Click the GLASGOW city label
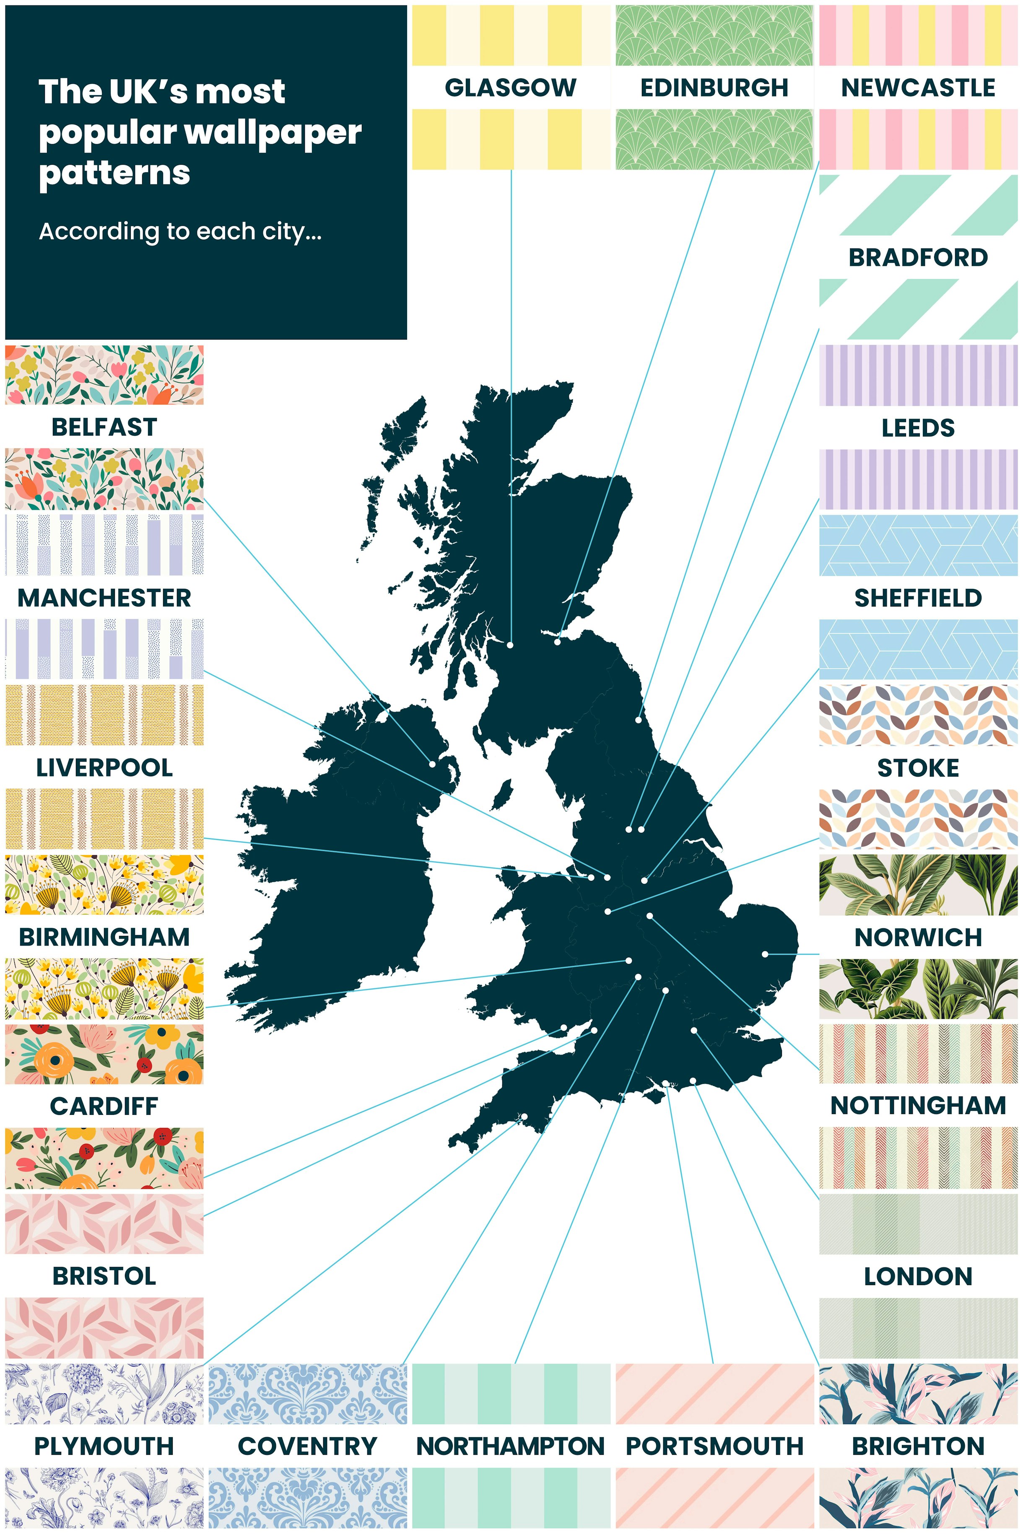(x=510, y=88)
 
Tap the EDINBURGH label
(x=714, y=88)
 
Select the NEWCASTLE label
(x=918, y=88)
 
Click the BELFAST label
(x=104, y=427)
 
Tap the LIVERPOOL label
(x=104, y=768)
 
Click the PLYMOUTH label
(x=104, y=1446)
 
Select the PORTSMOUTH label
(x=714, y=1446)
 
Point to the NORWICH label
(x=918, y=937)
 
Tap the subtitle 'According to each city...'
(x=180, y=231)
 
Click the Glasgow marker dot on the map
(x=510, y=644)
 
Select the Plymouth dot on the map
(x=524, y=1117)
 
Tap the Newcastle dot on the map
(x=639, y=720)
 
